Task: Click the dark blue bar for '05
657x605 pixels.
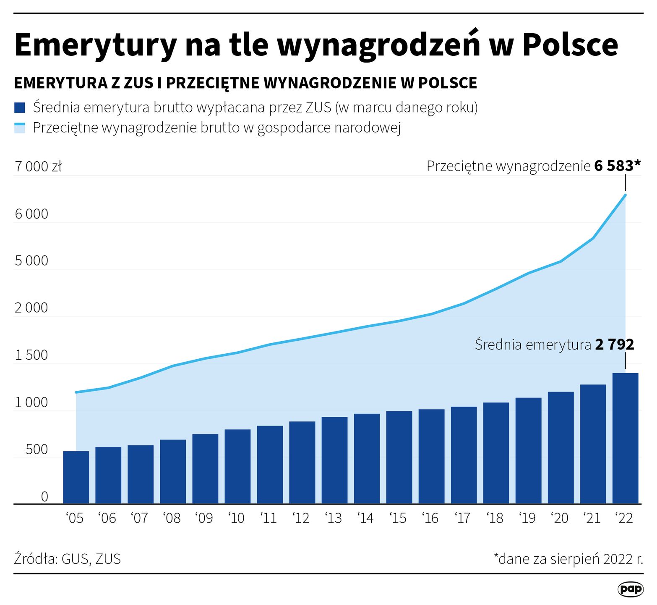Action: pyautogui.click(x=76, y=477)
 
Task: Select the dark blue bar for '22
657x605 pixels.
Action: pyautogui.click(x=625, y=438)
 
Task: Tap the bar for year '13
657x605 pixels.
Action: pyautogui.click(x=334, y=460)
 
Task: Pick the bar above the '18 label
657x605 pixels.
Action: pyautogui.click(x=496, y=453)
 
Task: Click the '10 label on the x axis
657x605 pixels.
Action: pyautogui.click(x=237, y=518)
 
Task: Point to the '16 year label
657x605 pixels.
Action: pyautogui.click(x=431, y=518)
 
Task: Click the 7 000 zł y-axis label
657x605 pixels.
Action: pyautogui.click(x=38, y=167)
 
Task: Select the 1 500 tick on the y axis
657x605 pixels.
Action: pyautogui.click(x=31, y=355)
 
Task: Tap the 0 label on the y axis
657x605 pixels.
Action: pyautogui.click(x=44, y=497)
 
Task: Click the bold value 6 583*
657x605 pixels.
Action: pyautogui.click(x=617, y=166)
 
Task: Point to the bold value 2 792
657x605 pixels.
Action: pyautogui.click(x=614, y=345)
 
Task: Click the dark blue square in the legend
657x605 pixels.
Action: pyautogui.click(x=20, y=108)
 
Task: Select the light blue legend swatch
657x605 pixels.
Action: pyautogui.click(x=20, y=128)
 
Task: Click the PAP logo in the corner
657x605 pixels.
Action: pyautogui.click(x=630, y=589)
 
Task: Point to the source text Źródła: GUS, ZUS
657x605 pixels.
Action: pyautogui.click(x=68, y=559)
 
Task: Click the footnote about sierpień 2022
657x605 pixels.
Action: pyautogui.click(x=568, y=559)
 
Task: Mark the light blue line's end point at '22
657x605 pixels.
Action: pyautogui.click(x=625, y=195)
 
